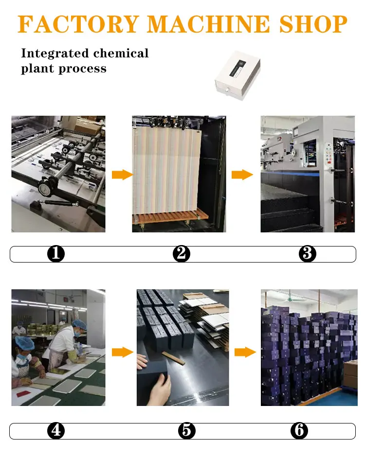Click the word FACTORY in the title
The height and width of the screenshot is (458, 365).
[x=78, y=24]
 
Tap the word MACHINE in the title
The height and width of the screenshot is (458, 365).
[x=208, y=24]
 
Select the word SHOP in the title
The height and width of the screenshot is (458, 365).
[x=313, y=24]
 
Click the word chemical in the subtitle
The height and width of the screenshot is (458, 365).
[x=121, y=53]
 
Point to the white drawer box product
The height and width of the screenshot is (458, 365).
[x=237, y=75]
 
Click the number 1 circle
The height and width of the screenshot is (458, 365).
[x=56, y=253]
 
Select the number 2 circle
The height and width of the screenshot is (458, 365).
[x=182, y=253]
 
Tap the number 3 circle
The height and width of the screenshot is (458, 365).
[x=308, y=253]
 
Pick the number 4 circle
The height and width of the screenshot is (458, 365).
[x=56, y=431]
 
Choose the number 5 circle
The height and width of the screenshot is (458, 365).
[x=186, y=431]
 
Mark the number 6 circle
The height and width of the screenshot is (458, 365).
[x=299, y=431]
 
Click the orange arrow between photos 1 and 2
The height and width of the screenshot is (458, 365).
[x=122, y=175]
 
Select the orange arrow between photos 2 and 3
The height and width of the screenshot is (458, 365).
[x=242, y=175]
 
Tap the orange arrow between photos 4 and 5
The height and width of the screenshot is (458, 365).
[x=122, y=352]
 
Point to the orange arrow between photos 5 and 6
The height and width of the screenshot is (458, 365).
[x=245, y=352]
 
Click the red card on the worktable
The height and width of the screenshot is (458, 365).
[x=24, y=393]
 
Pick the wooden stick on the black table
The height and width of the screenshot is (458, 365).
[x=174, y=358]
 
